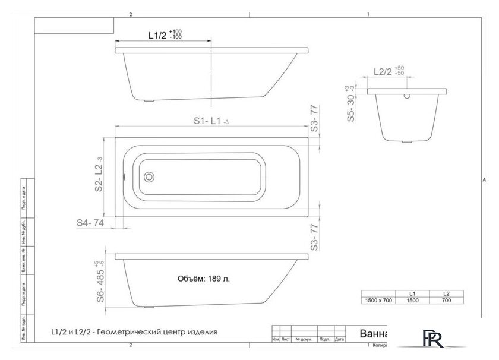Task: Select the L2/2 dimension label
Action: (383, 71)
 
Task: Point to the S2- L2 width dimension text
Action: (100, 176)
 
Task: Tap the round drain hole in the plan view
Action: (149, 176)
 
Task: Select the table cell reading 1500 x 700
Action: (378, 301)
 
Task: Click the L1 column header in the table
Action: (412, 293)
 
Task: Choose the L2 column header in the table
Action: (446, 293)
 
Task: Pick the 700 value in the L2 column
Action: (446, 301)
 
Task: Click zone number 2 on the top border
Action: (130, 15)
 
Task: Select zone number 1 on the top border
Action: (368, 15)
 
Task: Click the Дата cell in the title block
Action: (339, 340)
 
